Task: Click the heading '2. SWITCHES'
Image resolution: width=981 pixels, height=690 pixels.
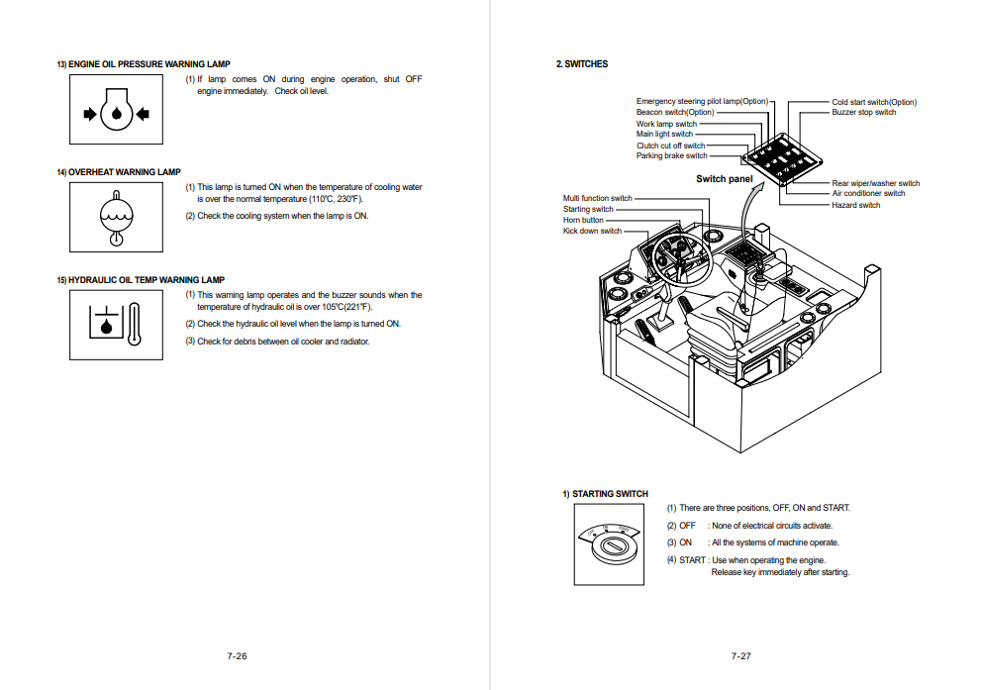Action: pyautogui.click(x=582, y=64)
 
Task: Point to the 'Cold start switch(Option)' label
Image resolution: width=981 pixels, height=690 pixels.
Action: pyautogui.click(x=873, y=102)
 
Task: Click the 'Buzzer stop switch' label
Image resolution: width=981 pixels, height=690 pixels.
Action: pyautogui.click(x=863, y=113)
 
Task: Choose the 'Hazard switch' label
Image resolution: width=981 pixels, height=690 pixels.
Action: pyautogui.click(x=855, y=205)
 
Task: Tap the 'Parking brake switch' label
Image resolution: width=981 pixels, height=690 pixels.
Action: pyautogui.click(x=671, y=155)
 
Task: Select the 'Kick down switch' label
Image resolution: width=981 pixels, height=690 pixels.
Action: pyautogui.click(x=592, y=231)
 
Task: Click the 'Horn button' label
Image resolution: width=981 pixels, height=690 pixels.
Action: pyautogui.click(x=583, y=220)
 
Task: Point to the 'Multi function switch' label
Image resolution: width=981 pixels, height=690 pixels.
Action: pyautogui.click(x=597, y=198)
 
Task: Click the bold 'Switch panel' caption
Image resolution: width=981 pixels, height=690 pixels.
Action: pyautogui.click(x=724, y=179)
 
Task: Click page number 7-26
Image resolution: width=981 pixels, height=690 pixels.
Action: pyautogui.click(x=237, y=656)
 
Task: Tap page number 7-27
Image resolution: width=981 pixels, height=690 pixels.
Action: pyautogui.click(x=740, y=656)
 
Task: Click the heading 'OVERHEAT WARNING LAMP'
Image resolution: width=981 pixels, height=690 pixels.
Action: pyautogui.click(x=124, y=172)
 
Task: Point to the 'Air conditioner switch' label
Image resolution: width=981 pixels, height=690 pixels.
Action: pyautogui.click(x=867, y=193)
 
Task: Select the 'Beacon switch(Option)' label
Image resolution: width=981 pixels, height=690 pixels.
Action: pyautogui.click(x=674, y=113)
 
